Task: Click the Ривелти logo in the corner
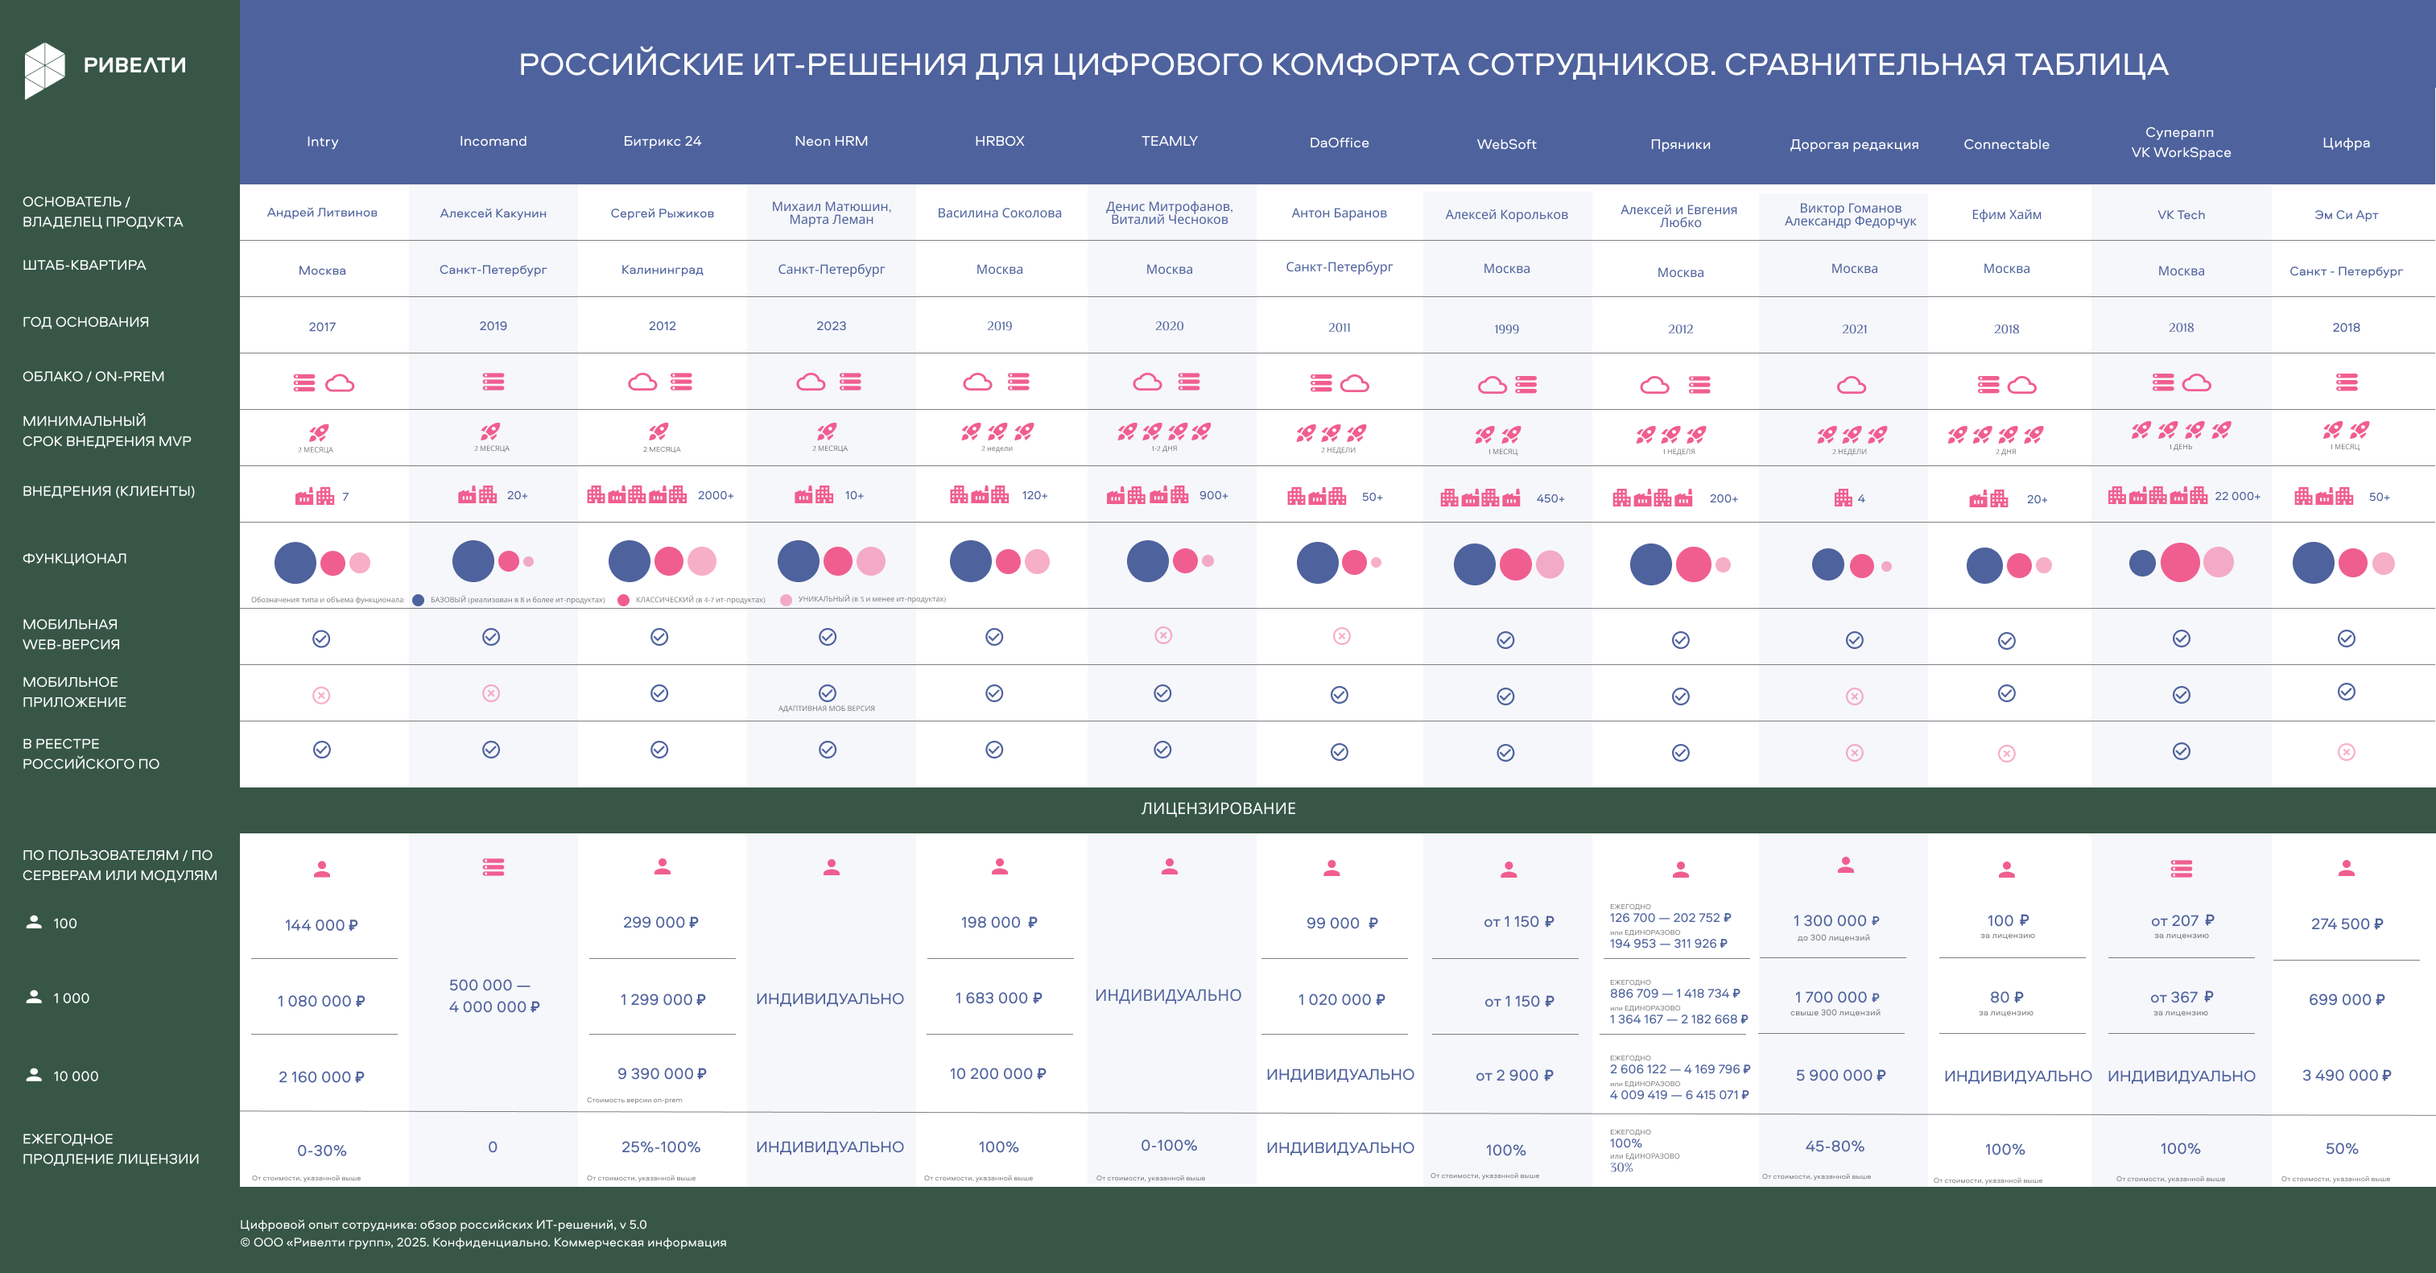(x=104, y=68)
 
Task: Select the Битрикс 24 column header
(x=662, y=141)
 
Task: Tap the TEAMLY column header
(x=1169, y=141)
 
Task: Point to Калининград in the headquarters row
(x=662, y=270)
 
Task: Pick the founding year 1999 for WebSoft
(x=1506, y=329)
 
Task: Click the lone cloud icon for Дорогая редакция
(x=1852, y=385)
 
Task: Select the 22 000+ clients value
(x=2236, y=495)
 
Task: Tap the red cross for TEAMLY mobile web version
(x=1163, y=635)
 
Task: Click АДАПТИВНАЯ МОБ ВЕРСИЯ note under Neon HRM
(x=827, y=709)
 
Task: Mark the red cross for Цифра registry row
(x=2346, y=752)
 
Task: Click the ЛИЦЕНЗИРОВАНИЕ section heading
(x=1218, y=808)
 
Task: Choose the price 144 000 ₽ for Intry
(x=321, y=925)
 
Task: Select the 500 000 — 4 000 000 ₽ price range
(x=493, y=996)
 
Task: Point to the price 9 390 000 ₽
(x=662, y=1073)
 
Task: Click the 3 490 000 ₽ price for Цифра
(x=2346, y=1076)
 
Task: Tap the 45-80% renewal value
(x=1835, y=1147)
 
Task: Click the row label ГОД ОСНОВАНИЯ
(x=85, y=321)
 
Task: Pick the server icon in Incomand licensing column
(x=493, y=866)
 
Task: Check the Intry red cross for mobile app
(x=321, y=695)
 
